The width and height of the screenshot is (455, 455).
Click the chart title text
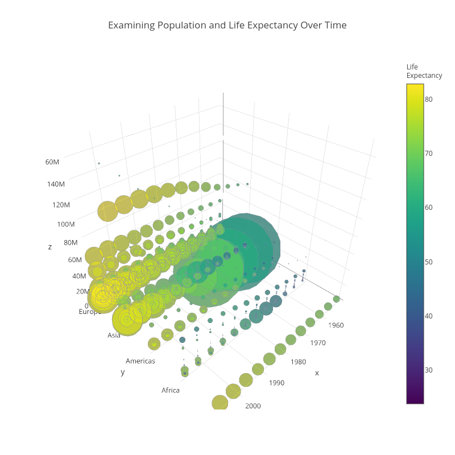click(x=227, y=26)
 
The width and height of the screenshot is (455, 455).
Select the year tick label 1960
click(x=336, y=325)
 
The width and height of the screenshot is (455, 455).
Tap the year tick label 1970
click(x=317, y=343)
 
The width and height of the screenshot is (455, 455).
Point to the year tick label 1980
click(x=298, y=362)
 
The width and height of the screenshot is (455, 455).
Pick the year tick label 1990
click(x=276, y=383)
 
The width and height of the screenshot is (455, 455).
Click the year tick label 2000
click(x=253, y=406)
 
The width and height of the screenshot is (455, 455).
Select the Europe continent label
click(x=90, y=312)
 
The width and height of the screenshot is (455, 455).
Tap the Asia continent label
click(x=114, y=335)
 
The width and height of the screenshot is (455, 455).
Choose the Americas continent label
click(x=140, y=361)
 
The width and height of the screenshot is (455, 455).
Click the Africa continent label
click(x=170, y=390)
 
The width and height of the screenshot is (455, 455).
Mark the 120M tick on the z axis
click(x=60, y=205)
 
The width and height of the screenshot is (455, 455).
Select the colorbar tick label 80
click(x=428, y=99)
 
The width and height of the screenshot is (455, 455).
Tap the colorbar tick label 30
click(x=428, y=370)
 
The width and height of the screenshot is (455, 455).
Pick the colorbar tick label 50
click(x=428, y=262)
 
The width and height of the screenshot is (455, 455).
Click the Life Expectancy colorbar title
click(x=424, y=71)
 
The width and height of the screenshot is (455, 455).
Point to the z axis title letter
click(x=50, y=247)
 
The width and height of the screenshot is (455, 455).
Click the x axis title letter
click(x=317, y=373)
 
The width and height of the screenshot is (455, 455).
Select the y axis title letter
click(x=122, y=372)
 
